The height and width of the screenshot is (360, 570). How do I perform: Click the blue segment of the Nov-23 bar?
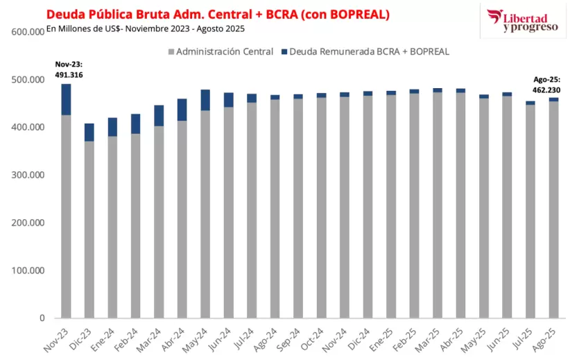click(x=67, y=99)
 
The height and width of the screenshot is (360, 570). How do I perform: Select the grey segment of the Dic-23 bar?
click(x=89, y=229)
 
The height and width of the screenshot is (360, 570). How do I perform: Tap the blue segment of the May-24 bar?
click(x=205, y=100)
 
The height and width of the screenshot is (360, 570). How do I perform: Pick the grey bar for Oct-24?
click(x=322, y=208)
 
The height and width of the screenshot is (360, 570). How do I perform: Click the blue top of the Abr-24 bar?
click(x=182, y=110)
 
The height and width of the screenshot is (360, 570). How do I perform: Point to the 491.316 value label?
click(x=68, y=75)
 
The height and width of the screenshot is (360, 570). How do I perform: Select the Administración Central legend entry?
click(x=220, y=52)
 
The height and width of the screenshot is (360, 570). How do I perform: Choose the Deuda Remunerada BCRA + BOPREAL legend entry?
click(x=364, y=52)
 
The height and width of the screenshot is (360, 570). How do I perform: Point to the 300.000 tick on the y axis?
click(x=28, y=175)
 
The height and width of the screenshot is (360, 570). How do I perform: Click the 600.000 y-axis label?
click(x=28, y=32)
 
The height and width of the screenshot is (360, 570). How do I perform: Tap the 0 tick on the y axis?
click(x=42, y=318)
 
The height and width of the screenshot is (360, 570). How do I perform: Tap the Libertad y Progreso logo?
click(x=521, y=21)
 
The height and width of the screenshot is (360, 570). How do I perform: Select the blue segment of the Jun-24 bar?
click(x=229, y=100)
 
